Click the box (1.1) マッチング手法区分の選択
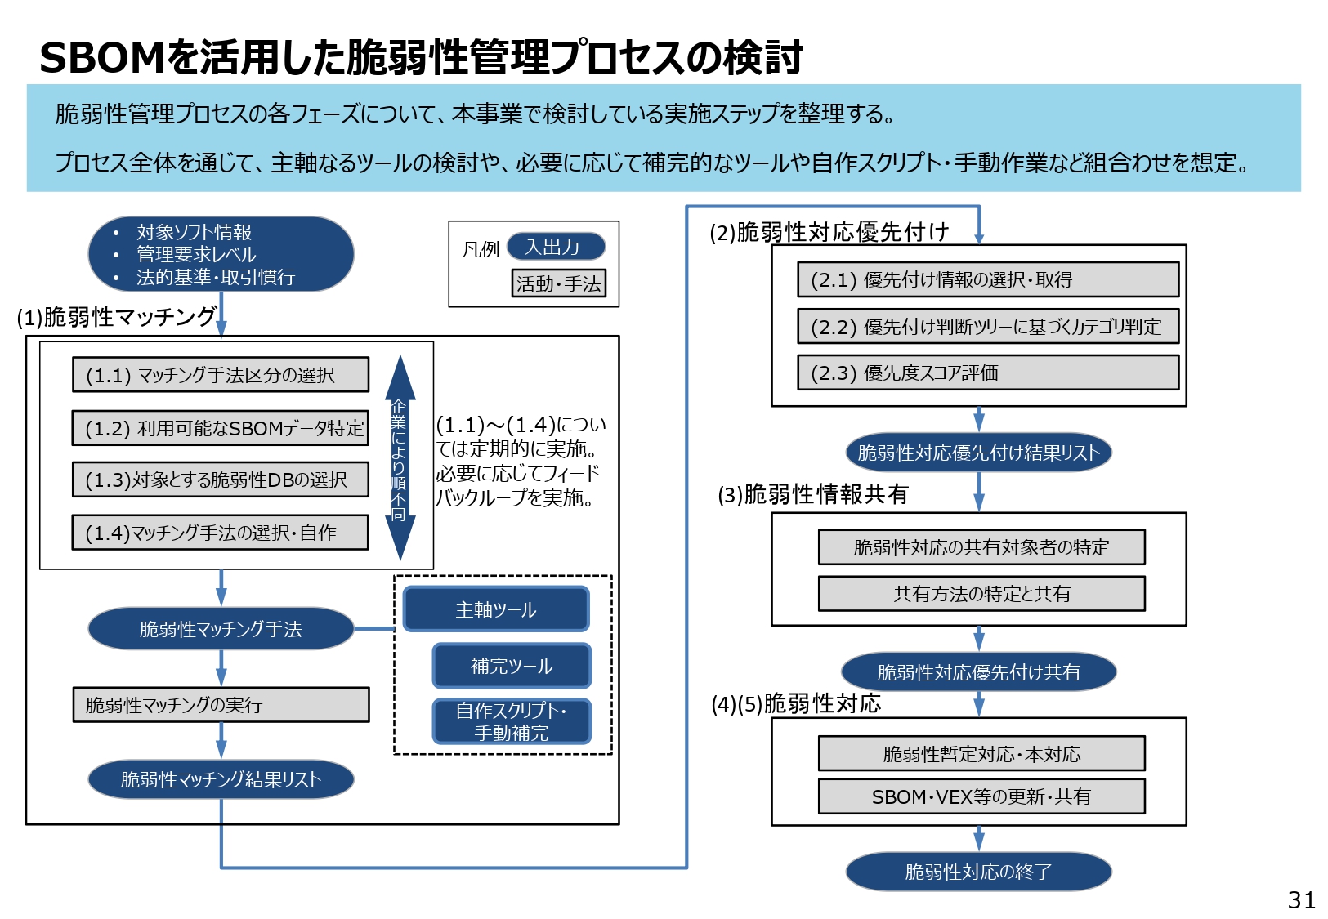[220, 375]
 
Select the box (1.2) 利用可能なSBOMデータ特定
[220, 428]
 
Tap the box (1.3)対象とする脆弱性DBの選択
[220, 480]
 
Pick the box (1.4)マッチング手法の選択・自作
[220, 533]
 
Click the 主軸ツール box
[495, 609]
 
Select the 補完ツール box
[511, 666]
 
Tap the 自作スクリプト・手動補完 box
[511, 721]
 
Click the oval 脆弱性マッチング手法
[221, 629]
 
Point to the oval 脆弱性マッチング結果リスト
[221, 779]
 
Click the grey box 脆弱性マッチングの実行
[221, 704]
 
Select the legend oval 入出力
[556, 247]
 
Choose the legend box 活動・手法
[558, 283]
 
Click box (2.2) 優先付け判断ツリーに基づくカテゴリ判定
[987, 327]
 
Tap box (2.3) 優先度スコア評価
[987, 373]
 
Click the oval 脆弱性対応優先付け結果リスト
[978, 453]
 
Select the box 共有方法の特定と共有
[981, 594]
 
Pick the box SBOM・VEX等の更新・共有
[981, 796]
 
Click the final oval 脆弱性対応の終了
[978, 872]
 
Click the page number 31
[1301, 899]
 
